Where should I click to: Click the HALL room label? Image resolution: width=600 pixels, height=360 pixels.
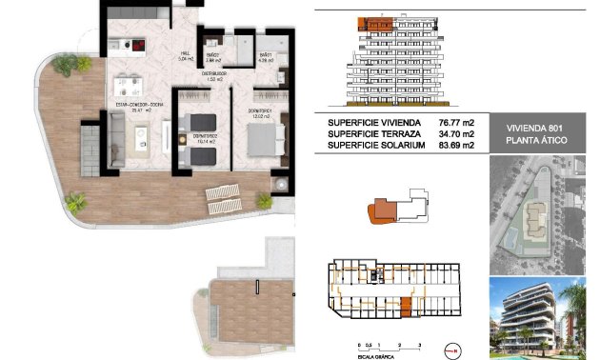(187, 53)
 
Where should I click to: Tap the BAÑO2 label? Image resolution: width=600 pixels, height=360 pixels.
(213, 58)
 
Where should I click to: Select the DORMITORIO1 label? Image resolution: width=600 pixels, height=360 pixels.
(264, 112)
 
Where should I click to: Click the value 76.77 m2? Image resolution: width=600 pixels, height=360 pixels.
(456, 122)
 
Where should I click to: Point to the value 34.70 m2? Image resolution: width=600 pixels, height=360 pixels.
(456, 133)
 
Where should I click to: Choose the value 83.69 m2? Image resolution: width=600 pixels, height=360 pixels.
(456, 145)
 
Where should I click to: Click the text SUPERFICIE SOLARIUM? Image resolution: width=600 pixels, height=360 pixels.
(374, 145)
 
